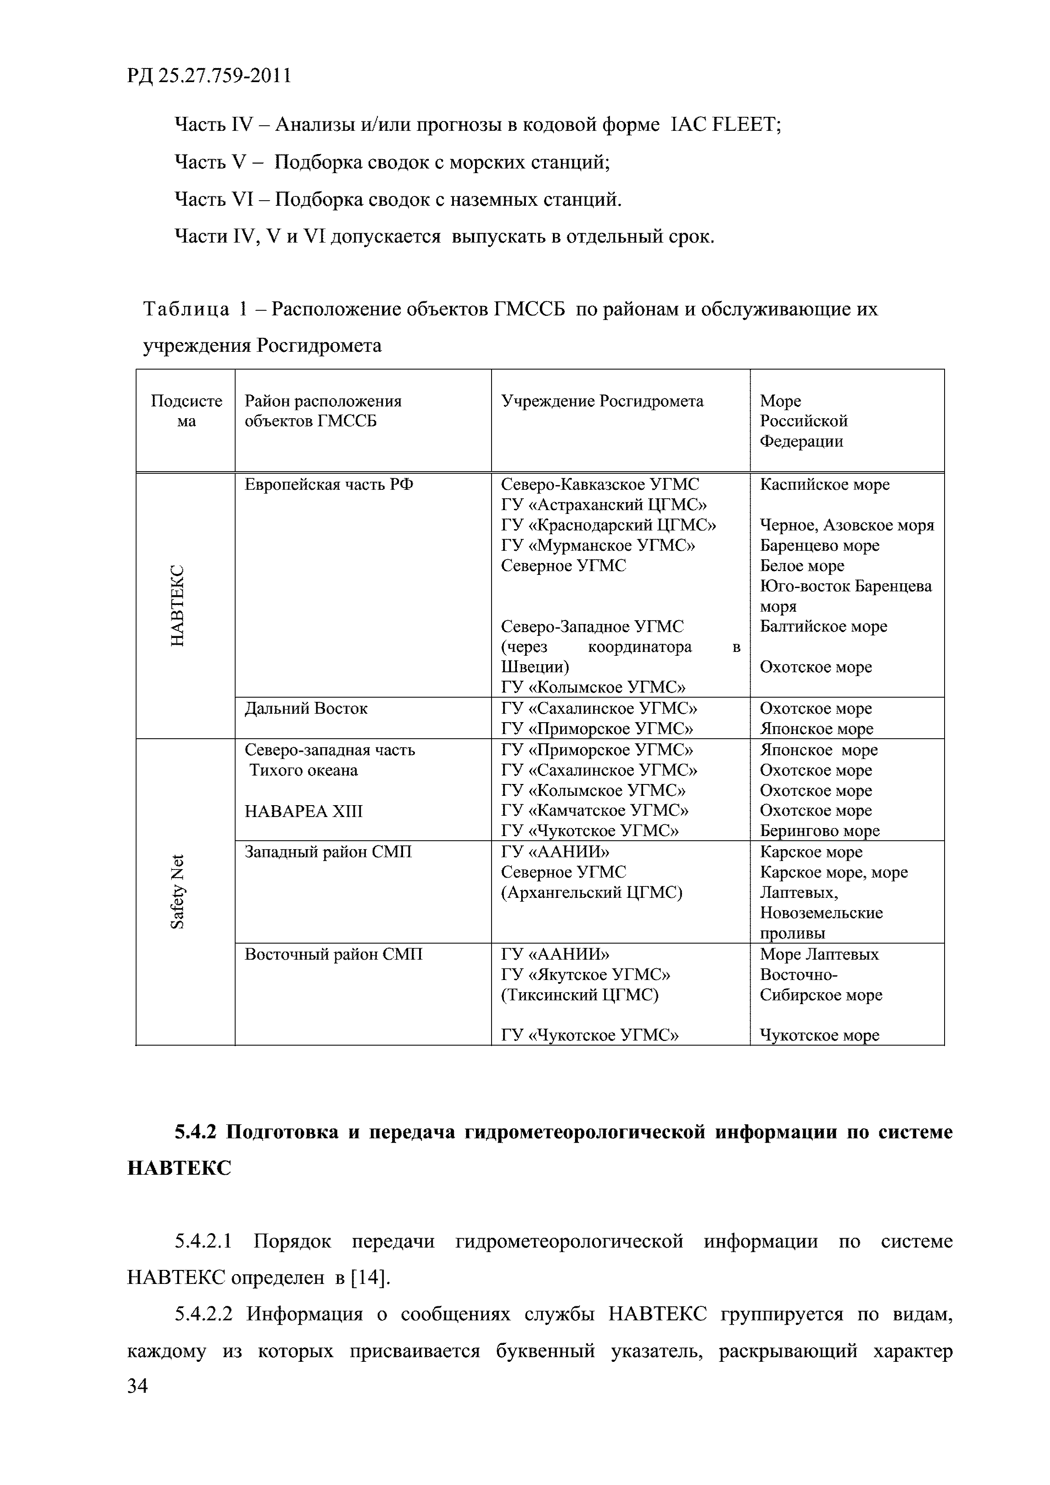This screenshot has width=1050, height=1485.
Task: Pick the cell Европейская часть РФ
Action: coord(329,484)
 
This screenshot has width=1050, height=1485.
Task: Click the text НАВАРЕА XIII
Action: coord(304,811)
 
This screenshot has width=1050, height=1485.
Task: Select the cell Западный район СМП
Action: coord(328,852)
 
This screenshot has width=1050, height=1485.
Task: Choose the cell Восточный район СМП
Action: coord(333,954)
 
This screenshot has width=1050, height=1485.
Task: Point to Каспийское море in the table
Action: coord(824,484)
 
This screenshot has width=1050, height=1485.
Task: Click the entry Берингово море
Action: coord(819,831)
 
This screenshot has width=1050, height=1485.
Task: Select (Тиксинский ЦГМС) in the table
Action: coord(579,995)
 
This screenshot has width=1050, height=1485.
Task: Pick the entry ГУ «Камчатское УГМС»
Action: coord(594,810)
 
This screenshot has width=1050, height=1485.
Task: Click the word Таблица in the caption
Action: coord(186,309)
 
